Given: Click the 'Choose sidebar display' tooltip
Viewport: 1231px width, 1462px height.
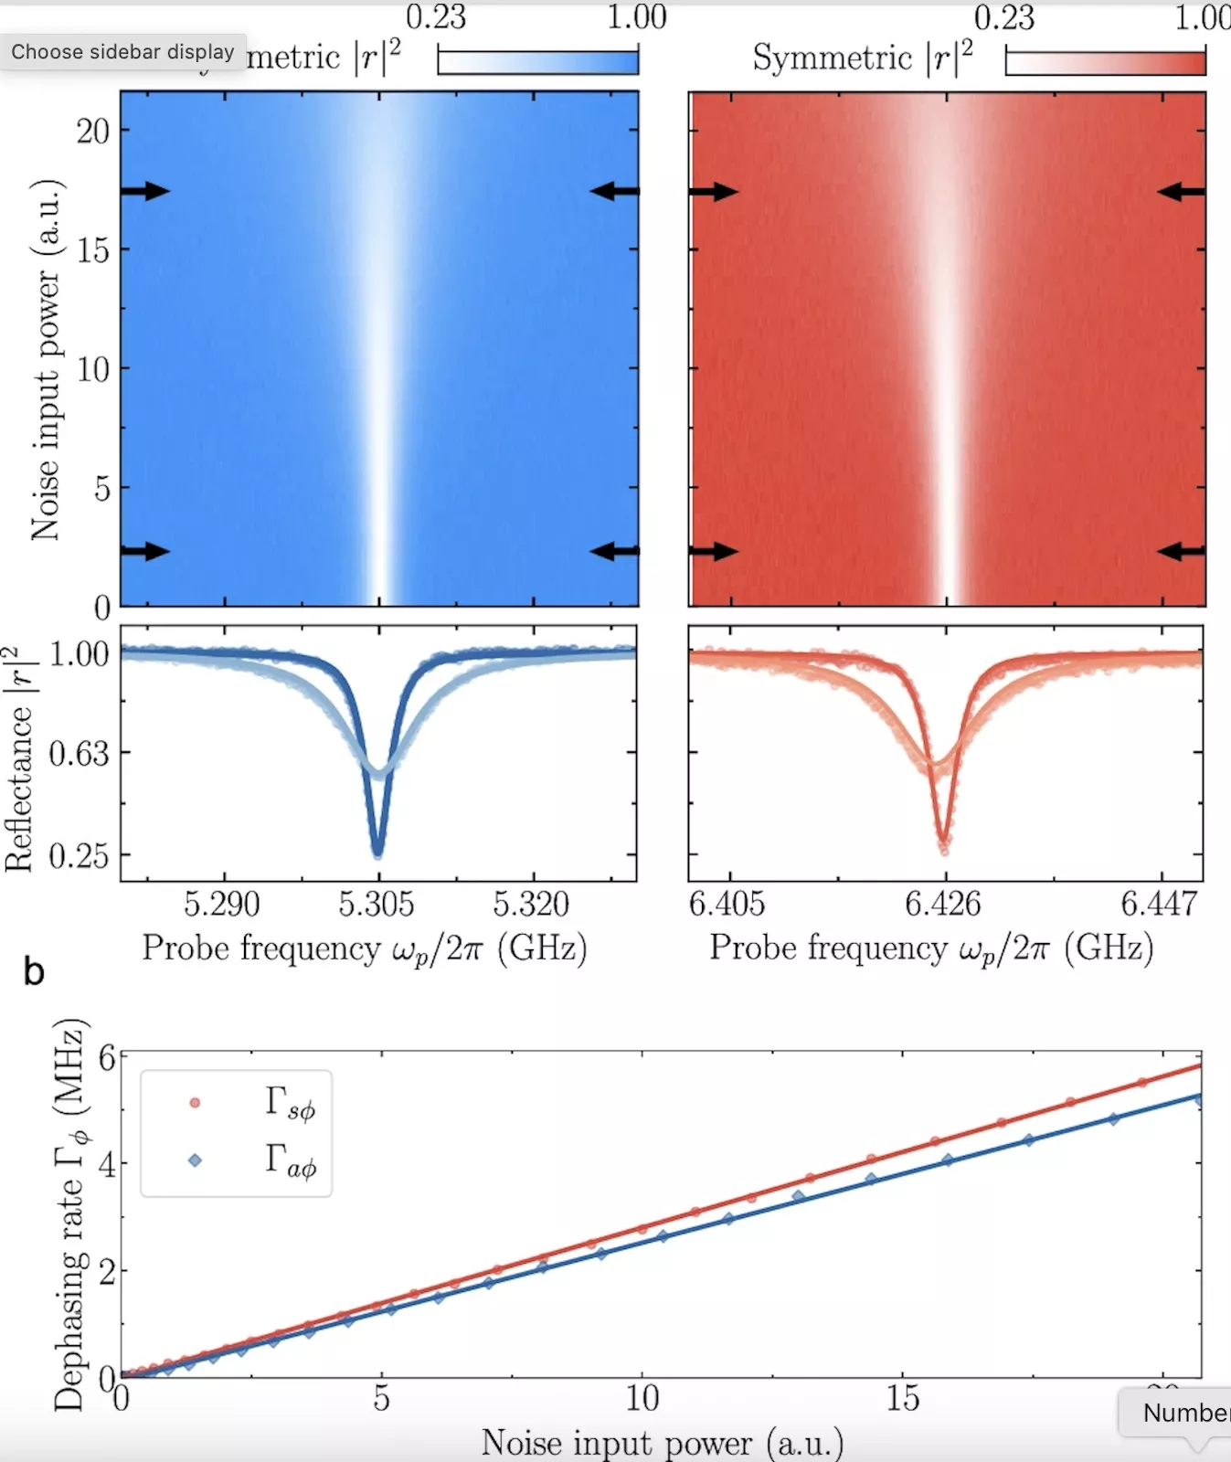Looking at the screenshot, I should tap(122, 52).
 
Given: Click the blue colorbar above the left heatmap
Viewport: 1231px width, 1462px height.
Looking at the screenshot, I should tap(538, 62).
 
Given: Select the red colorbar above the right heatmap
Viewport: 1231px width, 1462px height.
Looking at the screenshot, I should tap(1106, 62).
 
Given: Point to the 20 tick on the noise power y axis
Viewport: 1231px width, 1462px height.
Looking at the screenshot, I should tap(92, 132).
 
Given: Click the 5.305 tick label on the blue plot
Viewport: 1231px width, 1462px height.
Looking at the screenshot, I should tap(376, 905).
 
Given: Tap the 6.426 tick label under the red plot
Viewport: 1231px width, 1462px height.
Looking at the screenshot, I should tap(942, 905).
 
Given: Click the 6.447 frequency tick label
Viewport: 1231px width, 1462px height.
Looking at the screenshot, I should tap(1158, 905).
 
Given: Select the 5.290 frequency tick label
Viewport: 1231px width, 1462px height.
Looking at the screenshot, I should tap(221, 905).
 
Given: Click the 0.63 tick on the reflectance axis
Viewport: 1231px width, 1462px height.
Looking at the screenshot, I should tap(79, 754).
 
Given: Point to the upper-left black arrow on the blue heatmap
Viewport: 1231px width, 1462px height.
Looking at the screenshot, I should tap(146, 191).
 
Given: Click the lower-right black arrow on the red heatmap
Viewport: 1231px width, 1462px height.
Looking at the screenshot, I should tap(1181, 551).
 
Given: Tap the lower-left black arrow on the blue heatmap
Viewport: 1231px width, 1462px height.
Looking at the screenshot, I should tap(146, 551).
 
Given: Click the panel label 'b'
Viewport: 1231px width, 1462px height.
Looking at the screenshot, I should tap(34, 972).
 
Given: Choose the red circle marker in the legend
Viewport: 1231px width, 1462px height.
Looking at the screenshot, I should tap(195, 1103).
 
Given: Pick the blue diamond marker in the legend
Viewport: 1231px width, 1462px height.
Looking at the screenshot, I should tap(195, 1160).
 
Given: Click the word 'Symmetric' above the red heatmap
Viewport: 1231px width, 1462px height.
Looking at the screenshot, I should tap(832, 58).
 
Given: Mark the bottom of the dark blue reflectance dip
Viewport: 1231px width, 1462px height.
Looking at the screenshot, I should tap(377, 853).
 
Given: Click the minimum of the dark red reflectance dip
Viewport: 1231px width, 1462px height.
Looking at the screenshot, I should tap(943, 842).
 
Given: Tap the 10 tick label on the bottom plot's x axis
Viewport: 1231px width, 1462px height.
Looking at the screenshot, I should tap(642, 1398).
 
